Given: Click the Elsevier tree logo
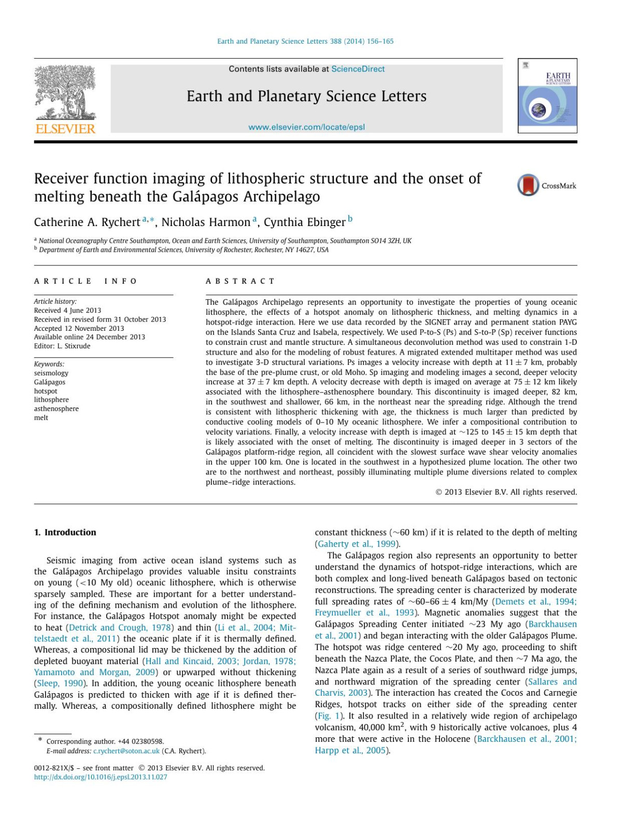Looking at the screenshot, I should tap(65, 93).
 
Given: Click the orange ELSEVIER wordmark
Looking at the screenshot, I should tap(65, 129).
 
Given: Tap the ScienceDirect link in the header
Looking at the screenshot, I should tap(358, 69).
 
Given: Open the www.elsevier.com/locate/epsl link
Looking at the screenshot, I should tap(306, 127).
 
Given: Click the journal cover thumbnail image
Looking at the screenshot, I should tap(547, 96).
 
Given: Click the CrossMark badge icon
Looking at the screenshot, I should tap(528, 186).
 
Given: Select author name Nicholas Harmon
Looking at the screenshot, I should tap(206, 222).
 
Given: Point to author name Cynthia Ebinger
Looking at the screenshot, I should tap(304, 222).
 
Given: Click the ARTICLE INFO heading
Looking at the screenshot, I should tap(86, 281).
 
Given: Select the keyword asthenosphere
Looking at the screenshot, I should tap(56, 409).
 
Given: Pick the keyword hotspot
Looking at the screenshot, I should tap(46, 391).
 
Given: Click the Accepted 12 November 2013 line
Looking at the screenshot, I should tap(79, 328).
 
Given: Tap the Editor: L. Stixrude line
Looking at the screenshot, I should tap(62, 346).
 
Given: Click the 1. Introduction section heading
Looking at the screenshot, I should tap(65, 532).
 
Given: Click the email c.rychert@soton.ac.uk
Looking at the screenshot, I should tap(126, 751).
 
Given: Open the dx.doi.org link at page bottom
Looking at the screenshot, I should tap(101, 777).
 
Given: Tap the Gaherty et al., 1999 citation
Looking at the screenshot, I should tap(357, 544).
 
